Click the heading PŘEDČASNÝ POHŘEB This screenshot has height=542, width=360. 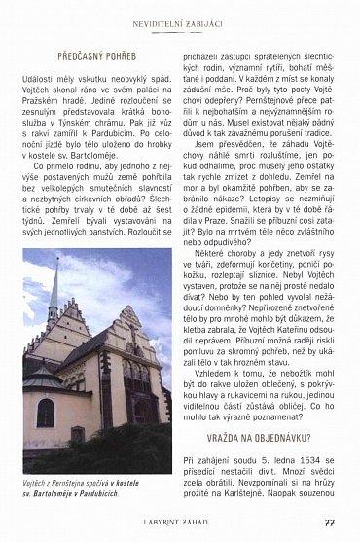tap(98, 56)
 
